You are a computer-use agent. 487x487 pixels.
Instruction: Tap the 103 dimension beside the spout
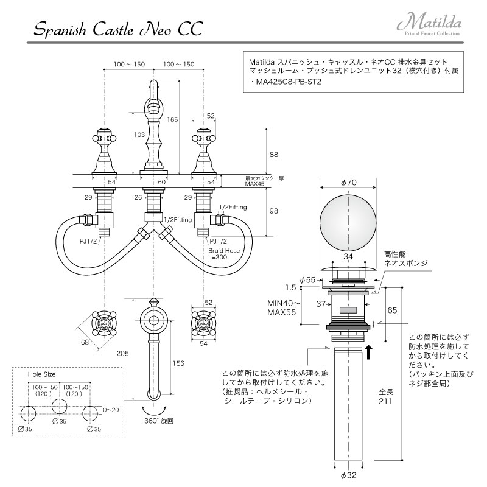[139, 134]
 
